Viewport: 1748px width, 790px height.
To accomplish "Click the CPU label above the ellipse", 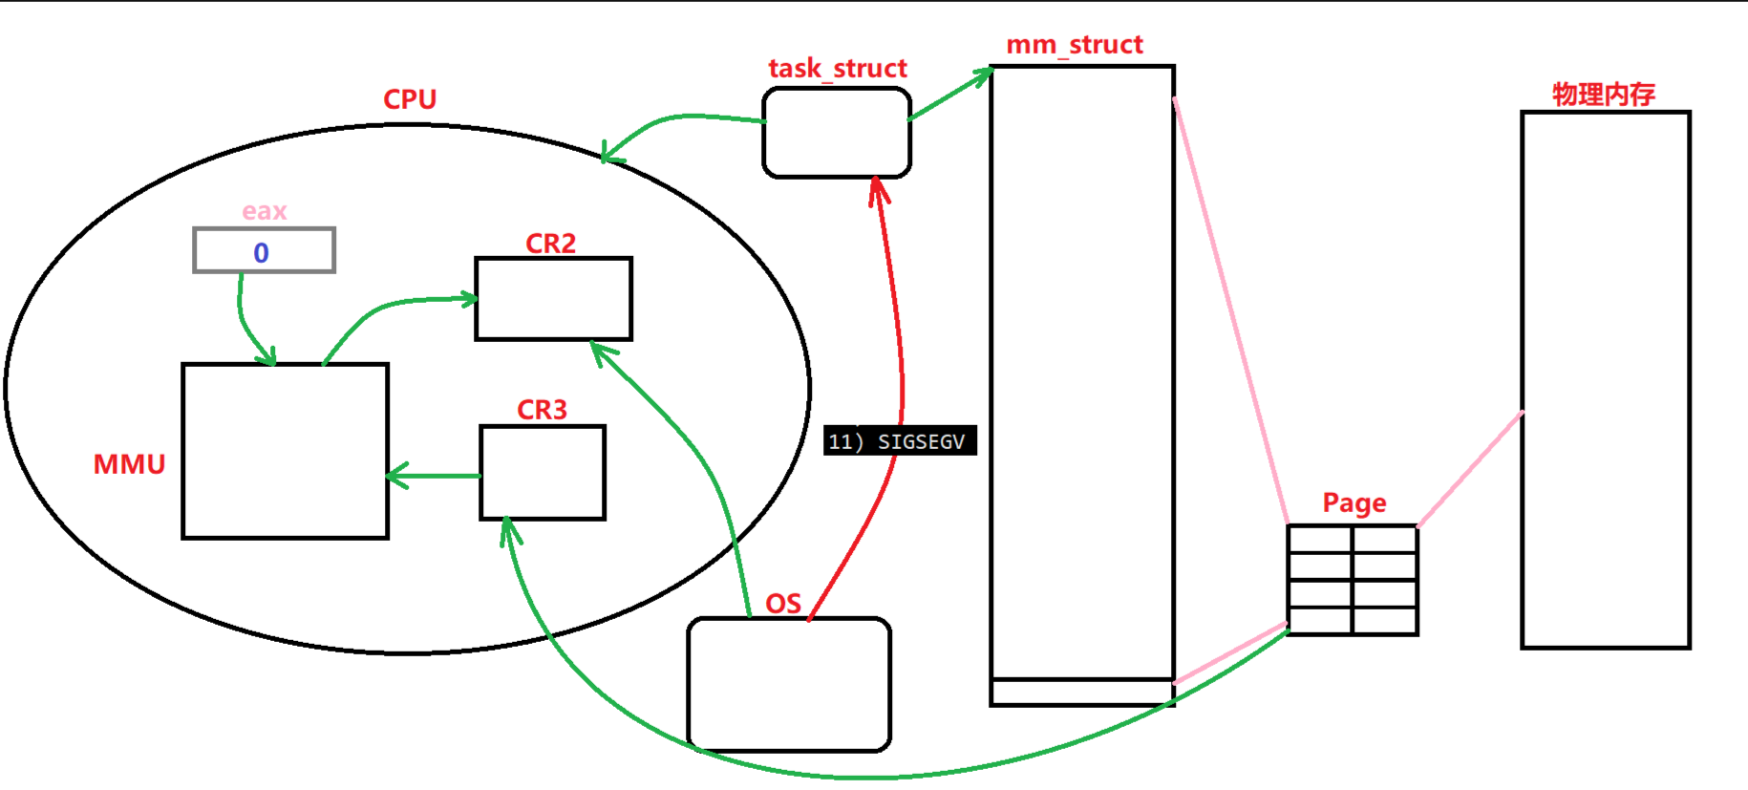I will [410, 99].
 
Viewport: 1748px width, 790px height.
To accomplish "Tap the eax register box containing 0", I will [264, 251].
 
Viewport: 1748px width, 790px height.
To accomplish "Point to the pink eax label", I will [264, 211].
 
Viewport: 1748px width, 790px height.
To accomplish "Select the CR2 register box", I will [553, 298].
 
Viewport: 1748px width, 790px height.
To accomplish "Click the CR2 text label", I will [550, 244].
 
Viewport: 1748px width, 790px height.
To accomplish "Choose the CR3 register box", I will [542, 472].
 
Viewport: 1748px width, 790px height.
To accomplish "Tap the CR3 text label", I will [542, 410].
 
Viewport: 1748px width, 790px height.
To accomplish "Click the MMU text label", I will [129, 464].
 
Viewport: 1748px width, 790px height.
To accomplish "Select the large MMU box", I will [285, 451].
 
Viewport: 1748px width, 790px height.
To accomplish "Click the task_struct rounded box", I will [836, 133].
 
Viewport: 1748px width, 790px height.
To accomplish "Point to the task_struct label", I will [837, 69].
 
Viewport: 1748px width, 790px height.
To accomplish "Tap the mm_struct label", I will [1074, 45].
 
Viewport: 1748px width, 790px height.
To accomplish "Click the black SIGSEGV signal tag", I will [899, 440].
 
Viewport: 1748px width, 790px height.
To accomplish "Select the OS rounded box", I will [789, 684].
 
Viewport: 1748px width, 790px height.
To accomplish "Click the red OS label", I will [783, 604].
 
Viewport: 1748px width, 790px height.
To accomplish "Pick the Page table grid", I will [1352, 579].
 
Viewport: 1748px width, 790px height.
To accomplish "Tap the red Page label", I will [1354, 502].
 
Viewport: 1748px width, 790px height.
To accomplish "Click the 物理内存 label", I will [1603, 95].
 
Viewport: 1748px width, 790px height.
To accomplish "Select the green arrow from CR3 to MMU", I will [435, 475].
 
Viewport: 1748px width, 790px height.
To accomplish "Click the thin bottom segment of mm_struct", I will [1081, 693].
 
